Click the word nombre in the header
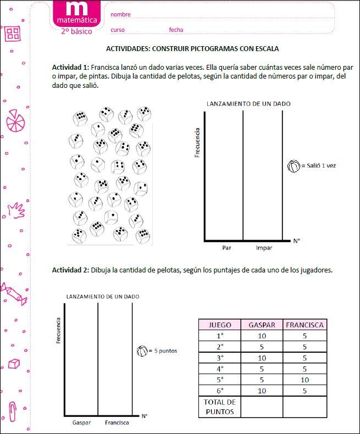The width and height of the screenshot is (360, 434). [x=120, y=14]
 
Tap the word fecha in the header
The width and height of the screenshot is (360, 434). [x=176, y=30]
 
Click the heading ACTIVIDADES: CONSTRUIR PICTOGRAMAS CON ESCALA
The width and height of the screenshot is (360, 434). [x=192, y=48]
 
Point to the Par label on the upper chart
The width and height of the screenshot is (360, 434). [x=226, y=248]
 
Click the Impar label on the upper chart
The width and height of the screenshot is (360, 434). [x=264, y=248]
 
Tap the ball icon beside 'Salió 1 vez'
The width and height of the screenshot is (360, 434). [x=294, y=165]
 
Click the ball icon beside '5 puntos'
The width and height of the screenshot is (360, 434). [x=142, y=350]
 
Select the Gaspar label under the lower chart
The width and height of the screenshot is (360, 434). [x=81, y=422]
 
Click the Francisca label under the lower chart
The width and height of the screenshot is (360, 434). [x=117, y=422]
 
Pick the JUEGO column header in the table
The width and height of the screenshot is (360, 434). [x=220, y=325]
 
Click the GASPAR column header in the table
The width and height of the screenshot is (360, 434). [x=262, y=325]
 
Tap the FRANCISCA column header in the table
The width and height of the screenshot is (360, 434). [x=304, y=325]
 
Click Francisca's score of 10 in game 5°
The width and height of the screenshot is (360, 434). [x=304, y=380]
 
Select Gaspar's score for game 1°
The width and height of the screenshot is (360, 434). [x=262, y=336]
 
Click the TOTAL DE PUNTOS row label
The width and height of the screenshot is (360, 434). [x=220, y=407]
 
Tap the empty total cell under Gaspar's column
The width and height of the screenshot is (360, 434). [x=262, y=407]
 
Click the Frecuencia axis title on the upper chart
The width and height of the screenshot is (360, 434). [x=197, y=142]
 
